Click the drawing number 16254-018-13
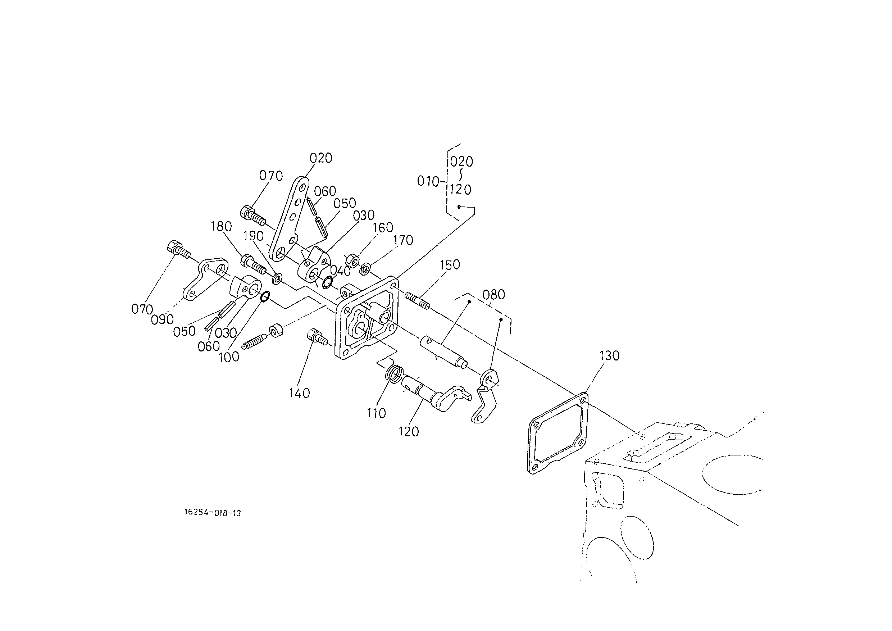(x=213, y=513)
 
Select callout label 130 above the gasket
(x=610, y=355)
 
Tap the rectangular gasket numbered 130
(x=557, y=433)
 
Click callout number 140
(x=300, y=393)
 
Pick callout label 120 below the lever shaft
(x=409, y=431)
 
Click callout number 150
(x=450, y=265)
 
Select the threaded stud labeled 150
(x=418, y=301)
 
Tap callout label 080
(x=494, y=295)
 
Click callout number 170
(x=403, y=240)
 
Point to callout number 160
(x=383, y=227)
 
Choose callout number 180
(x=222, y=226)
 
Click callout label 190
(x=254, y=236)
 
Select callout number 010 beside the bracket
(x=428, y=181)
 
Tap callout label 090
(x=162, y=319)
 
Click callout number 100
(x=229, y=357)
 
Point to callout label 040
(x=340, y=271)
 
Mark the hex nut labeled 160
(x=352, y=260)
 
